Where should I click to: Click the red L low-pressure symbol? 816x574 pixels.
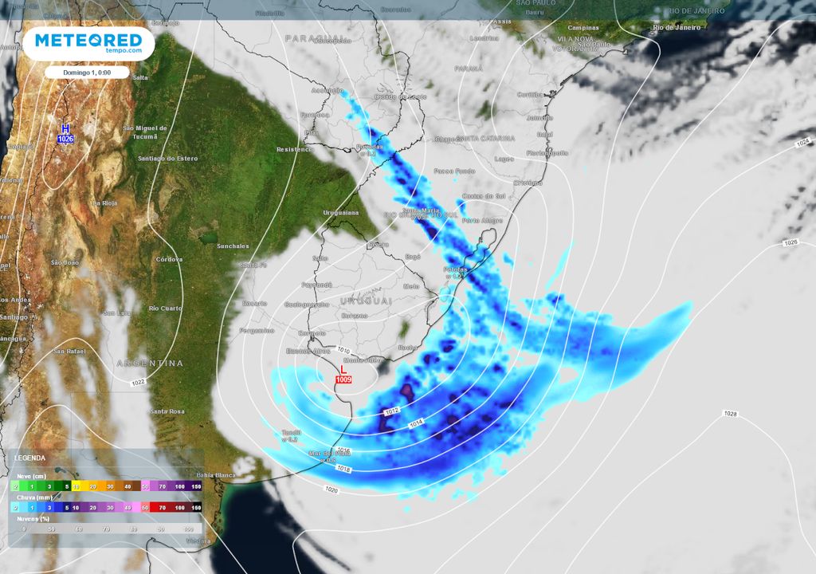343,370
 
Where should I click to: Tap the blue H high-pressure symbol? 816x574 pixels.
65,128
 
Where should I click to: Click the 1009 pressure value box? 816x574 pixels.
343,379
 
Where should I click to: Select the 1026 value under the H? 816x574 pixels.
65,139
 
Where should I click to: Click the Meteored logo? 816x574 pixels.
88,43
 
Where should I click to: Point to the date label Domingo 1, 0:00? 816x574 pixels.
88,73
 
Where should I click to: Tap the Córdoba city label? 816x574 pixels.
170,259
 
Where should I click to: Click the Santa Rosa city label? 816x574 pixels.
167,411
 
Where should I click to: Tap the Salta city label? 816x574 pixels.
140,77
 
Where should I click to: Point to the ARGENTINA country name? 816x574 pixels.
151,363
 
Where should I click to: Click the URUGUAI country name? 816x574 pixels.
367,301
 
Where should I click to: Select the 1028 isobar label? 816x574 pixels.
731,413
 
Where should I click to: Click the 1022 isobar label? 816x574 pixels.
139,383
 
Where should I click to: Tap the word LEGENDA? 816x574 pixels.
30,458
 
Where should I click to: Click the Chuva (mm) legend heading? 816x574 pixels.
32,497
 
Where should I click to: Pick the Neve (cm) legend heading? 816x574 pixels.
30,475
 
